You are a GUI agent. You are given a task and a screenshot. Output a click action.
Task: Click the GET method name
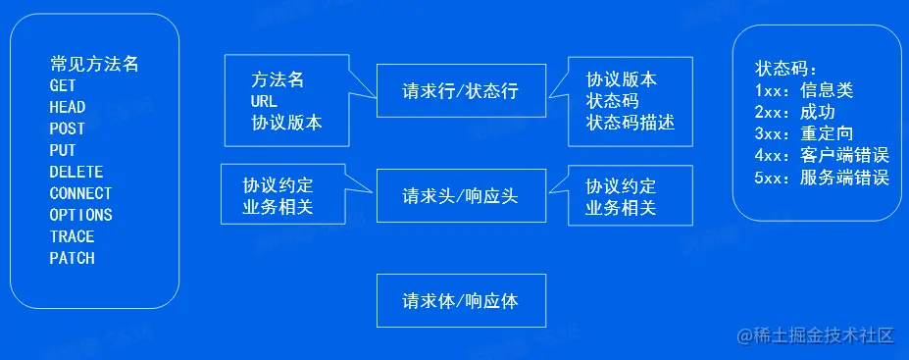(63, 85)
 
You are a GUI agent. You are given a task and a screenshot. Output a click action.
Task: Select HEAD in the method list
(68, 107)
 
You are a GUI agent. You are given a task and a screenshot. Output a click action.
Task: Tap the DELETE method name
(76, 172)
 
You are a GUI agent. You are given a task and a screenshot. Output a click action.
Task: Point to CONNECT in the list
(80, 193)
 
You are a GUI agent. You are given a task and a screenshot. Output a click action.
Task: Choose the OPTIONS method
(80, 215)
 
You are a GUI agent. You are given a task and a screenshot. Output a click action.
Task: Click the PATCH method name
(73, 258)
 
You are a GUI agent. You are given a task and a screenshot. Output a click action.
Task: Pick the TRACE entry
(73, 236)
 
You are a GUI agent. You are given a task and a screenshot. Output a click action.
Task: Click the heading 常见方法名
(94, 64)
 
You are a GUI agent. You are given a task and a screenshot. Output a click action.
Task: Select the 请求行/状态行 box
(460, 92)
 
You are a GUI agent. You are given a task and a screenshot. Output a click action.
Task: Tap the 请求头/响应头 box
(460, 195)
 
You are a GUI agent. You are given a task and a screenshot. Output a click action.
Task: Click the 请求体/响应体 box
(460, 300)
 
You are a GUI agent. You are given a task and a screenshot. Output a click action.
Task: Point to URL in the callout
(265, 101)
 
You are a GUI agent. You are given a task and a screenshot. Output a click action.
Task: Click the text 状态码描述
(631, 123)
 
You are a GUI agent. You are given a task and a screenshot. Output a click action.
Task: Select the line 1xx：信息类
(804, 90)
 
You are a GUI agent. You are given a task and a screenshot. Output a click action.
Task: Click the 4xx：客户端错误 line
(822, 155)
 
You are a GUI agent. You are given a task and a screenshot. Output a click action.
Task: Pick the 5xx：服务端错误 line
(822, 178)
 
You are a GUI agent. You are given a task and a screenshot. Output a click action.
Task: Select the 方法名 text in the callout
(278, 79)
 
